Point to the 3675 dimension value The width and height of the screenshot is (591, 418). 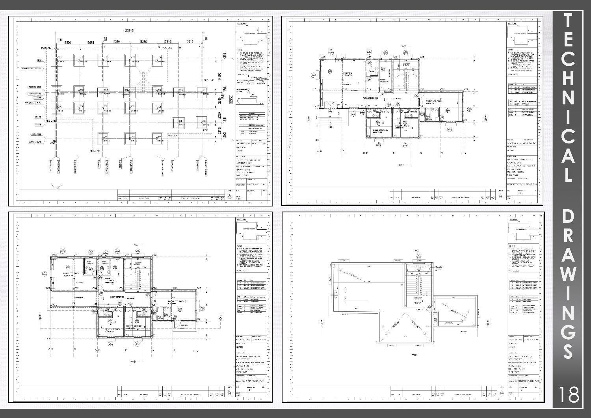coord(91,42)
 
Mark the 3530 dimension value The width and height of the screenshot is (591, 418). coord(68,42)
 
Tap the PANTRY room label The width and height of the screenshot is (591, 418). coord(383,80)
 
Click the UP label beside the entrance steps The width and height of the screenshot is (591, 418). coord(330,128)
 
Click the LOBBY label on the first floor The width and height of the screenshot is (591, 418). coord(117,297)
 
